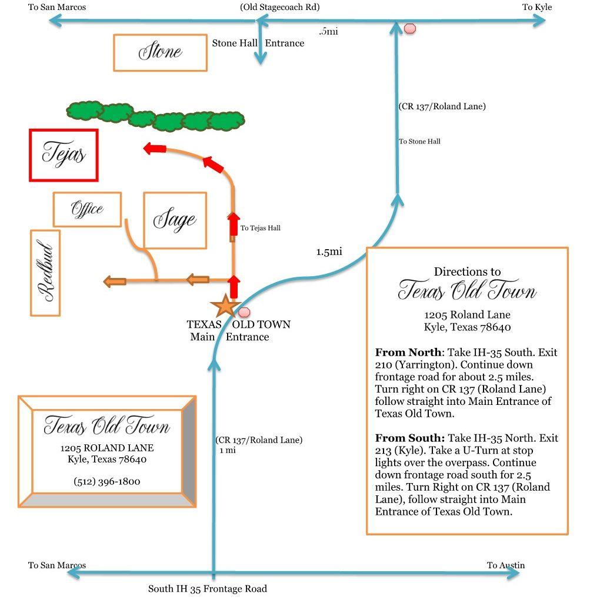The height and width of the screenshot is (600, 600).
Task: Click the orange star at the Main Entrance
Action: click(x=224, y=307)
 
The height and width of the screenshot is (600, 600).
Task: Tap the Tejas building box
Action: click(x=64, y=155)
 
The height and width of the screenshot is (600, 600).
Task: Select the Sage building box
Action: click(x=175, y=220)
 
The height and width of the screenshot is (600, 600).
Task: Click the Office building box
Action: click(x=87, y=209)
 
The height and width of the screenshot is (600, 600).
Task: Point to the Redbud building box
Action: click(x=45, y=273)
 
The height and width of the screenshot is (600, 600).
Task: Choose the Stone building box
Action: click(x=160, y=52)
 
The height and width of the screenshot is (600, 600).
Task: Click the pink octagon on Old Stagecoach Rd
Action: click(x=410, y=28)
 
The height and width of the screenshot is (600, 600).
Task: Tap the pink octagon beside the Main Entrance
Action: click(x=244, y=312)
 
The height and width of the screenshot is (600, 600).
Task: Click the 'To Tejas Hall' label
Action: click(x=260, y=228)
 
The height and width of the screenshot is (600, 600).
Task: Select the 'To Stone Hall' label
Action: click(x=419, y=142)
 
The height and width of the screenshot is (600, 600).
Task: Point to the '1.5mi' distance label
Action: click(x=329, y=252)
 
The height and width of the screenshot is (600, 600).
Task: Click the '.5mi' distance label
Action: click(x=328, y=32)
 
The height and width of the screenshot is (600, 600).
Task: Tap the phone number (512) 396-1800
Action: click(x=107, y=482)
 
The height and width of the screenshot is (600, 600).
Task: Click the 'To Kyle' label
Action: click(x=537, y=7)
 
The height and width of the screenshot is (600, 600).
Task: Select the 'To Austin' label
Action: click(x=506, y=565)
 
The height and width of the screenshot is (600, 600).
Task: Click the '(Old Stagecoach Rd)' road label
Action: click(x=280, y=7)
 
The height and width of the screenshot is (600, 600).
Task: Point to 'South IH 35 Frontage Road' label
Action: click(x=208, y=589)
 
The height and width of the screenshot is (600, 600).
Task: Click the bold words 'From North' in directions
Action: click(x=408, y=353)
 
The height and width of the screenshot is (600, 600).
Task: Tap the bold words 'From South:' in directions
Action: click(x=409, y=438)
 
